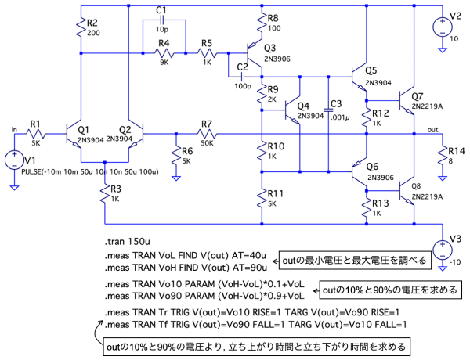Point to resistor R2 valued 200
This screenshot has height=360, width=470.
point(81,30)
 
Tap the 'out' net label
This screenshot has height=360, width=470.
point(432,128)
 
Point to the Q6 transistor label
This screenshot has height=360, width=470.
point(371,166)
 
